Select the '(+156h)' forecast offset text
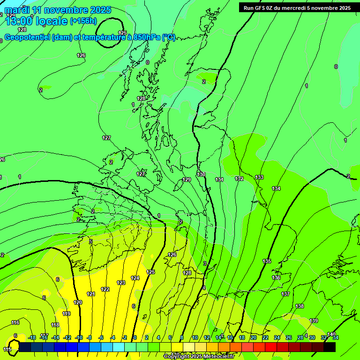click(x=83, y=21)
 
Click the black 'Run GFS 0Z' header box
click(x=297, y=7)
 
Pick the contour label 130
click(x=201, y=174)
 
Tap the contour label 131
click(x=219, y=180)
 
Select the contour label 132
click(x=239, y=179)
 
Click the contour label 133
click(x=259, y=177)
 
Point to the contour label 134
click(x=276, y=188)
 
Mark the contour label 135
click(x=267, y=261)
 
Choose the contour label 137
click(x=285, y=294)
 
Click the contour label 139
click(x=314, y=321)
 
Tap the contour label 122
click(x=105, y=289)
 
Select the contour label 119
click(x=67, y=314)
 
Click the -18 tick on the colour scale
click(x=32, y=337)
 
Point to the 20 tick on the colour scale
click(x=253, y=337)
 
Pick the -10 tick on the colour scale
click(x=78, y=337)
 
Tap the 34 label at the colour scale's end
click(x=336, y=337)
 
